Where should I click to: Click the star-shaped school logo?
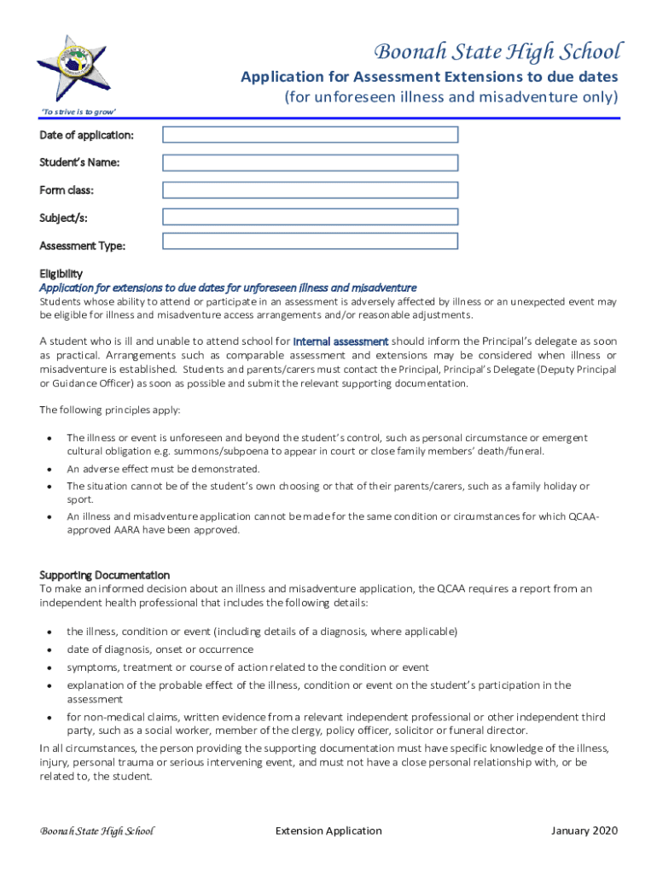click(x=74, y=68)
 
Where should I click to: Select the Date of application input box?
click(x=310, y=135)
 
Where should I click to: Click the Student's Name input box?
click(x=310, y=162)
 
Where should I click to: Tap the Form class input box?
click(x=310, y=189)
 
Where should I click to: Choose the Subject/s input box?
click(x=310, y=217)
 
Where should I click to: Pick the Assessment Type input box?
click(x=310, y=242)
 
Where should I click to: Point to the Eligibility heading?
click(x=61, y=274)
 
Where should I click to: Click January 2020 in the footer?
click(x=584, y=830)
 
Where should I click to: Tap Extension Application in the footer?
click(x=328, y=830)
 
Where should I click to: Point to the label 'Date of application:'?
click(x=86, y=136)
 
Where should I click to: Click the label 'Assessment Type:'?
click(x=82, y=247)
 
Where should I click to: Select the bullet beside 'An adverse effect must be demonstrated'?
click(x=49, y=469)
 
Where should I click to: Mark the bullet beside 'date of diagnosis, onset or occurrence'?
click(x=49, y=650)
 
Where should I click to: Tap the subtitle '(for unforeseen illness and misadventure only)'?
click(x=451, y=97)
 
